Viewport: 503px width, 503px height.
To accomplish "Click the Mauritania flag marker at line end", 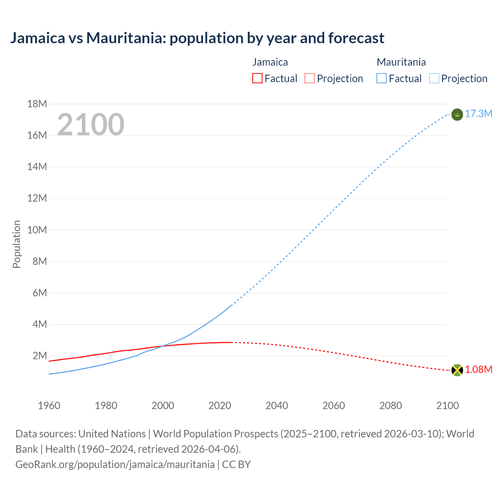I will coord(457,115).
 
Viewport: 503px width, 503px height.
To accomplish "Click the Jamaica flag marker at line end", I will coord(457,370).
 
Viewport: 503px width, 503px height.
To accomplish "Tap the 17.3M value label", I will coord(478,114).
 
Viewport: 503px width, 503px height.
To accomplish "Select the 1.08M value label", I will coord(478,370).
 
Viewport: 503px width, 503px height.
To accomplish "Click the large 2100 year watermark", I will coord(91,125).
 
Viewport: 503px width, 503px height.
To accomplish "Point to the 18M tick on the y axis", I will coord(37,104).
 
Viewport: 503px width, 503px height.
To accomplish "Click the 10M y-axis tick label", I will coord(37,230).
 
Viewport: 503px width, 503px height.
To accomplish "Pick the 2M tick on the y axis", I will coord(39,356).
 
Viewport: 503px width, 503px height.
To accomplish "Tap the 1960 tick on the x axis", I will coord(49,406).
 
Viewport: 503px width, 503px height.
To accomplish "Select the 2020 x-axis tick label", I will coord(220,406).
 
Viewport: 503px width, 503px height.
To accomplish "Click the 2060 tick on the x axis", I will coord(334,406).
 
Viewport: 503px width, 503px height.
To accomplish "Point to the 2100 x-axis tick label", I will coord(447,406).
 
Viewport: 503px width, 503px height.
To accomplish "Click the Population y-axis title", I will coord(17,244).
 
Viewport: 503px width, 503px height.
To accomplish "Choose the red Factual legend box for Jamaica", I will coord(257,79).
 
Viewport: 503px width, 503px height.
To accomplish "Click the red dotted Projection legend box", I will coord(310,79).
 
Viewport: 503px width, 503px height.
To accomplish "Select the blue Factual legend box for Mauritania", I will coord(382,79).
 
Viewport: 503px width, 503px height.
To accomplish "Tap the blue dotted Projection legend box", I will coord(434,79).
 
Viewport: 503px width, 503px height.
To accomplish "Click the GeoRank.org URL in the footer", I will coord(115,464).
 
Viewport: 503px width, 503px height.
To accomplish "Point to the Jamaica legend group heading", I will coord(270,62).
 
